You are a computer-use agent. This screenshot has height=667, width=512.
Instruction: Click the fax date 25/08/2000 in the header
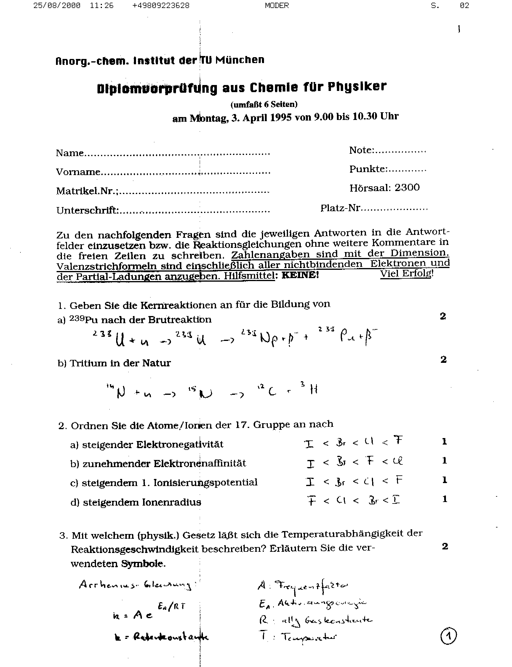[57, 6]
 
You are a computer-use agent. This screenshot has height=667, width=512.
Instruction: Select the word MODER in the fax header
[276, 6]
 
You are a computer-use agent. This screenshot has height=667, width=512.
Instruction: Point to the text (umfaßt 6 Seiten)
[264, 105]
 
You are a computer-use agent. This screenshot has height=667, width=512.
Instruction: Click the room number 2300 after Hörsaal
[407, 187]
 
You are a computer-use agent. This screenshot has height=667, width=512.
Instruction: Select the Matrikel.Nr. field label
[87, 191]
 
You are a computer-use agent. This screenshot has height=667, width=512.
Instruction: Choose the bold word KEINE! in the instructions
[300, 275]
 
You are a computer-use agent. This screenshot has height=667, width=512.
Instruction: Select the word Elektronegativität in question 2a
[180, 444]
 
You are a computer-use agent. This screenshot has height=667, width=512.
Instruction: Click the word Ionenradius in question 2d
[171, 502]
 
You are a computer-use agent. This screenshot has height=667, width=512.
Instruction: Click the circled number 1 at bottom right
[449, 636]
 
